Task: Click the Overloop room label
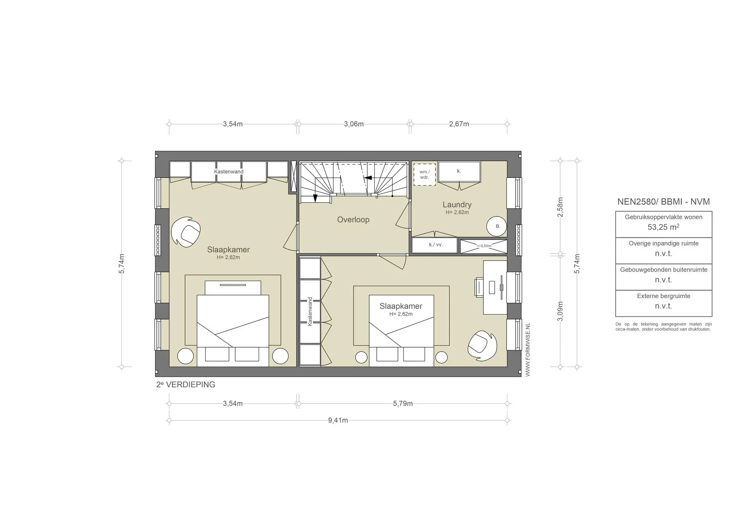(353, 220)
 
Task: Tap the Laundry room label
(457, 205)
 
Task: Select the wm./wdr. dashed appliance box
(424, 175)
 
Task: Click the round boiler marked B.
(497, 226)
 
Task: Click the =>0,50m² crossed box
(483, 246)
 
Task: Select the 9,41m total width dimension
(338, 420)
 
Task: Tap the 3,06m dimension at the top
(353, 124)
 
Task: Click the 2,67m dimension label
(458, 124)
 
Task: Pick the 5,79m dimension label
(403, 403)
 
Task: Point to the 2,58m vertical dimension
(560, 207)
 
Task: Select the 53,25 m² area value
(663, 227)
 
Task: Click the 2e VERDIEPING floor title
(186, 384)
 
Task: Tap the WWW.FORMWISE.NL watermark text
(527, 349)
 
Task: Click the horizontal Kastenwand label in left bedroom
(228, 172)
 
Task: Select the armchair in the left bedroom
(186, 232)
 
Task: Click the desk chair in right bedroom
(479, 287)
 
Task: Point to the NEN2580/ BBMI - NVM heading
(663, 202)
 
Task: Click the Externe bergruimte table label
(663, 296)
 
